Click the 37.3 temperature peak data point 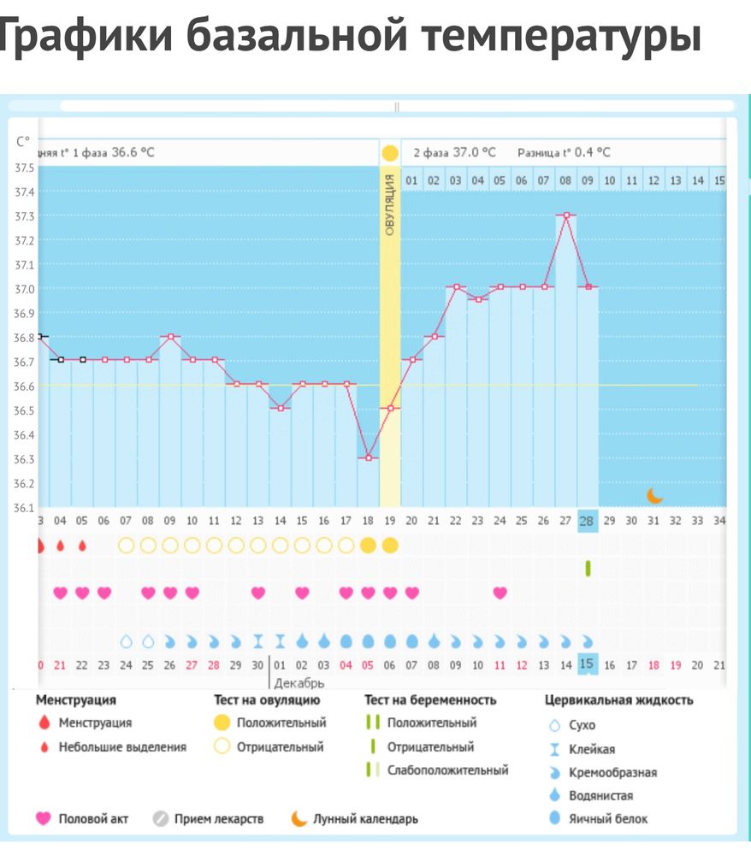tap(565, 215)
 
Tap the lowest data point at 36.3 tap(369, 458)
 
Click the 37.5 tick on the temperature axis tap(25, 168)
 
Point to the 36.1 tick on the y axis tap(25, 508)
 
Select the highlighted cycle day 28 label tap(588, 521)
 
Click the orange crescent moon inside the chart tap(654, 495)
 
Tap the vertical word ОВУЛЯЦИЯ tap(390, 204)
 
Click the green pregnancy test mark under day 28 tap(588, 568)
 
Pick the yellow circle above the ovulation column tap(390, 154)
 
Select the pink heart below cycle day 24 tap(500, 593)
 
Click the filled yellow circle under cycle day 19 tap(390, 545)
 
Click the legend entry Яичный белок tap(608, 818)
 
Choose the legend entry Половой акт tap(93, 818)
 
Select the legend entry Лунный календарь tap(365, 818)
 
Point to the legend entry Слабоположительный tap(447, 770)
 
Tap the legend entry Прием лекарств tap(218, 818)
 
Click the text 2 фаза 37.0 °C tap(454, 153)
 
